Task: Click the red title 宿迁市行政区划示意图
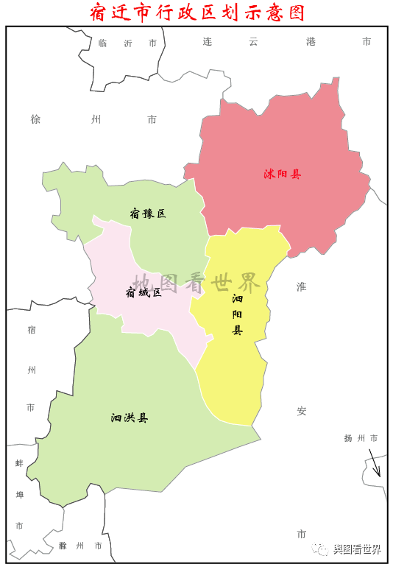point(196,13)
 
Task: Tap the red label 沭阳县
point(283,175)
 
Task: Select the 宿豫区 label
point(148,214)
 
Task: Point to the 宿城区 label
point(144,292)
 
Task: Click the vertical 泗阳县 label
point(237,314)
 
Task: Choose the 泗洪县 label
point(130,418)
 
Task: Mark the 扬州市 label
point(361,438)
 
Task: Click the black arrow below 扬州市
point(375,463)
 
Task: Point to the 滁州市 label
point(82,546)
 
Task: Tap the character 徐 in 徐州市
point(35,119)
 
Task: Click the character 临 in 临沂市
point(102,43)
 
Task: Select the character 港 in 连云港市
point(311,42)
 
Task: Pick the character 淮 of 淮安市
point(301,286)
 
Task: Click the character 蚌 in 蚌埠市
point(19,464)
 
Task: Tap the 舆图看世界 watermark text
point(357,549)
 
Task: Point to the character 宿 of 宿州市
point(31,329)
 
